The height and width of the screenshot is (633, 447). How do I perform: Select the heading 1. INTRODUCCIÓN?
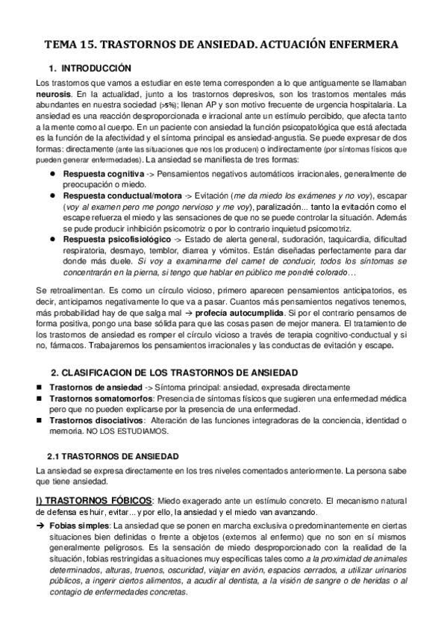[x=89, y=68]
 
